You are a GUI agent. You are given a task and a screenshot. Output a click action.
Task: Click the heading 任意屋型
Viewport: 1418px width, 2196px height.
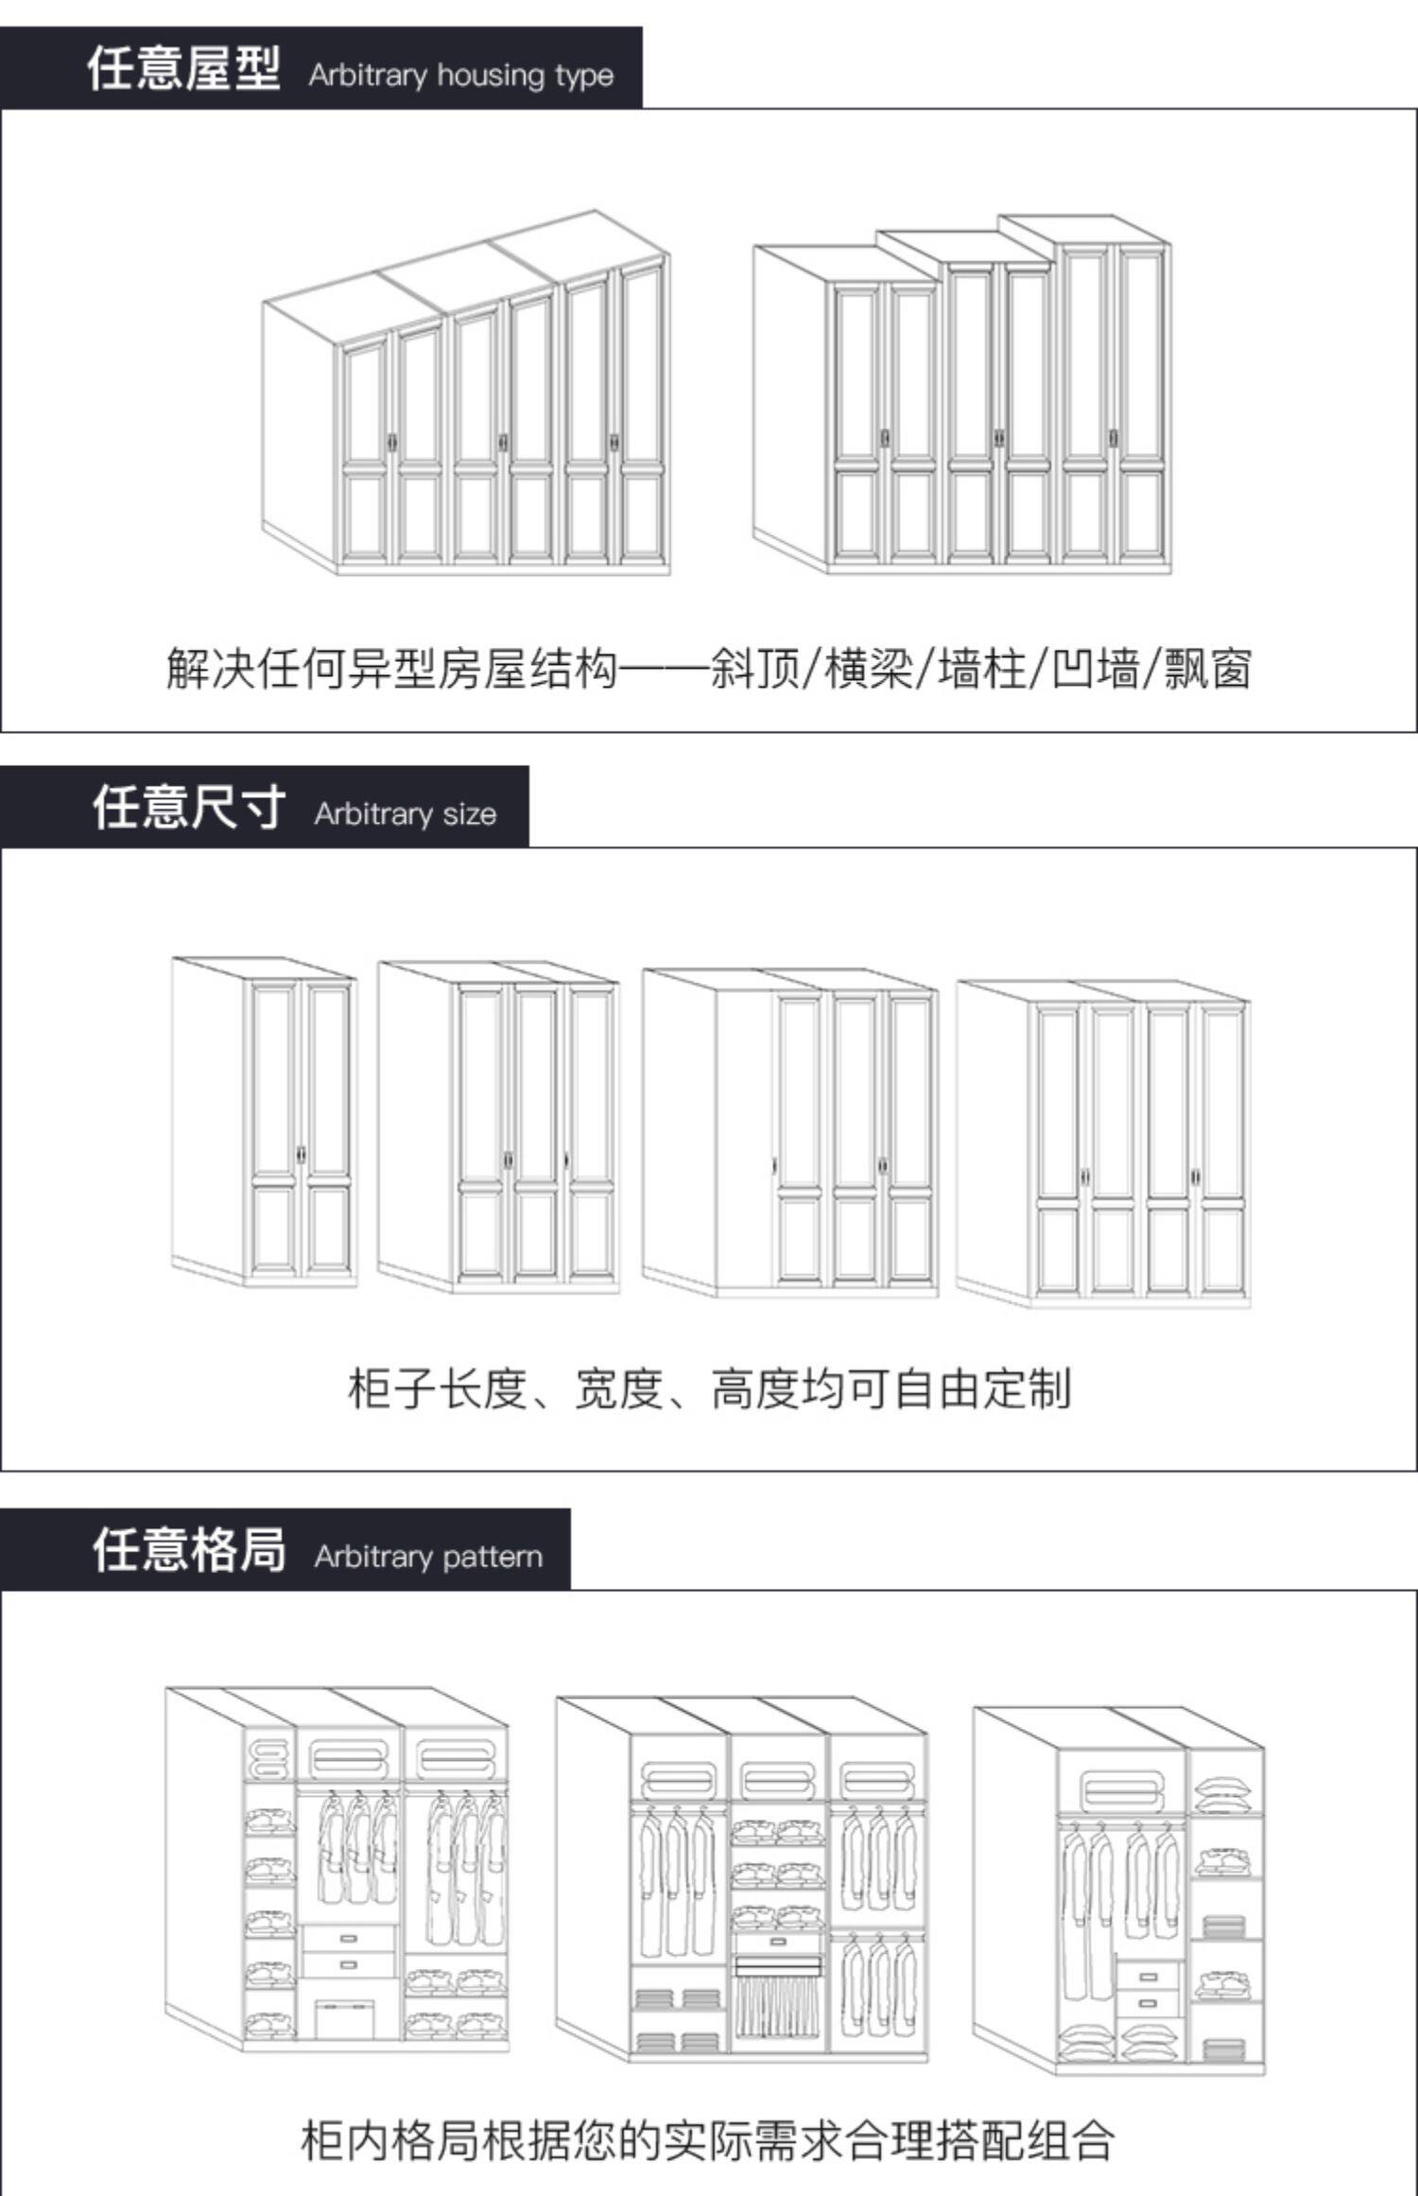(x=183, y=69)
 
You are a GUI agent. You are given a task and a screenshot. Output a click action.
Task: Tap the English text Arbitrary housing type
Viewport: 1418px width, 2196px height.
(x=460, y=75)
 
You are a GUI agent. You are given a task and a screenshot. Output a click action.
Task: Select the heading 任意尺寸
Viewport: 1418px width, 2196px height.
(x=188, y=809)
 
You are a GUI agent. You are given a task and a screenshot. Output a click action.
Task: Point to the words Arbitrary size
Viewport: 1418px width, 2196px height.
(x=405, y=814)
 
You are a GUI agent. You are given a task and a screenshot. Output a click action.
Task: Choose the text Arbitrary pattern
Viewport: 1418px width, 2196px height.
(x=428, y=1557)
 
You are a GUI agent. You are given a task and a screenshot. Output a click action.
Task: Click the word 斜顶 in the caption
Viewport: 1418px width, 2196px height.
(x=754, y=669)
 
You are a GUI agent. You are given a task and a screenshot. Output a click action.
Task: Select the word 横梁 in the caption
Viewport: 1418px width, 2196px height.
(x=869, y=669)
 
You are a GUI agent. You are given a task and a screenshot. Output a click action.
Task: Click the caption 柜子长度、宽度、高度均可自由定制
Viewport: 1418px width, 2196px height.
(x=709, y=1388)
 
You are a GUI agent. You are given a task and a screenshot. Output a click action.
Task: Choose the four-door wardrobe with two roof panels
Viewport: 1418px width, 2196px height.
(x=1103, y=1144)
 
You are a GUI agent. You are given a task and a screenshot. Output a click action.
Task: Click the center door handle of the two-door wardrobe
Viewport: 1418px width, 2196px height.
(x=302, y=1155)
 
